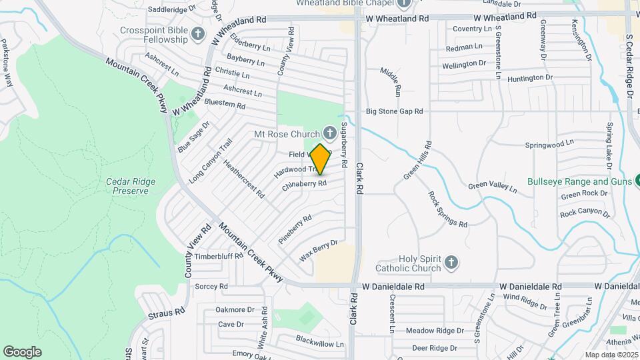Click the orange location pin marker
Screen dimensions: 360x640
(x=321, y=159)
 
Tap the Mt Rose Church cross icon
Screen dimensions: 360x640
(x=329, y=133)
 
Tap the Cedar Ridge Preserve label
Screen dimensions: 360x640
(x=127, y=186)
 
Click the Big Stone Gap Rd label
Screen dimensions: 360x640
(x=395, y=111)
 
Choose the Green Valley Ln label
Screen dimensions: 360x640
(x=492, y=188)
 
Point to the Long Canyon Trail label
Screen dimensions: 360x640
(x=210, y=161)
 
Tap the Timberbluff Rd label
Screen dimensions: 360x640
(x=218, y=256)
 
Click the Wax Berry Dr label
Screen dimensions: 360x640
(x=319, y=250)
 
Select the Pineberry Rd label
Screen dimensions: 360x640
(x=297, y=228)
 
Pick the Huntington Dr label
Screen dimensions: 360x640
(x=530, y=78)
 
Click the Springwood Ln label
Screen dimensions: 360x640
(x=549, y=143)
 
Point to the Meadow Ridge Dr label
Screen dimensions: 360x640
(x=435, y=331)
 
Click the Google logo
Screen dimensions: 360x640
(x=22, y=351)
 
